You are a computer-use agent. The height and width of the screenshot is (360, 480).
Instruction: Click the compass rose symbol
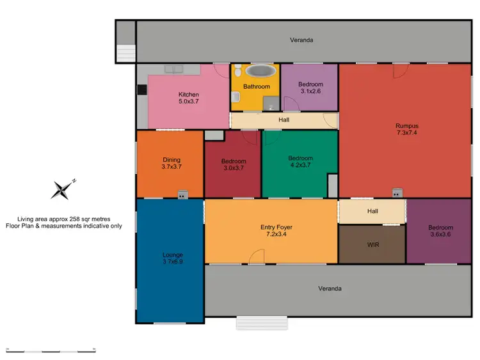[63, 189]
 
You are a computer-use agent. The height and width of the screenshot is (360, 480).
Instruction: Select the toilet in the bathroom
[236, 97]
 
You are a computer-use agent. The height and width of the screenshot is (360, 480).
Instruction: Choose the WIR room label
[371, 244]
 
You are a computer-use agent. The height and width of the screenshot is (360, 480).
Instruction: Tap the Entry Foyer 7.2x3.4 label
[276, 231]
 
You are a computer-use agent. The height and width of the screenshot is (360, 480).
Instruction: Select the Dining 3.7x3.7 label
[171, 164]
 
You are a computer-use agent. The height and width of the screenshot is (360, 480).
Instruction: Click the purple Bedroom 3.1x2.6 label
[310, 88]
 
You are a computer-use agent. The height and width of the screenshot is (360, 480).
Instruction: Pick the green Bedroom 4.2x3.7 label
[300, 162]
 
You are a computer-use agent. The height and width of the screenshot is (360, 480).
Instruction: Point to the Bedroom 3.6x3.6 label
[440, 231]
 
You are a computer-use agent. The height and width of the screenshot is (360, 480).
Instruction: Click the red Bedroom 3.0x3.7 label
[233, 165]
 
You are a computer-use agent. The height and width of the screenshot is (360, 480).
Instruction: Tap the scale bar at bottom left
[51, 350]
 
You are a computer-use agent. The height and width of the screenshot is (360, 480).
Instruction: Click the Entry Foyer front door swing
[256, 257]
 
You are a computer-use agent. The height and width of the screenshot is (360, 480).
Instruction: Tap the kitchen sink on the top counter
[173, 68]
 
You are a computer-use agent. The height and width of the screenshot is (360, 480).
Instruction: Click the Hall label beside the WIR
[372, 211]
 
